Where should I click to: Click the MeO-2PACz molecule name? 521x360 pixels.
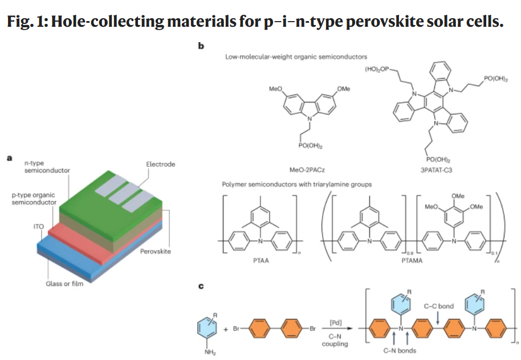click(307, 170)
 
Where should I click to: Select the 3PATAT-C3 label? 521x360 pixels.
click(436, 170)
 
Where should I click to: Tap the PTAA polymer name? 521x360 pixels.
click(261, 261)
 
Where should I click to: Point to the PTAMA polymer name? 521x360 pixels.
click(412, 261)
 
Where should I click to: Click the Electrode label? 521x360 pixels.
click(161, 164)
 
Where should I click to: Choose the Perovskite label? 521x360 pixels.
click(156, 251)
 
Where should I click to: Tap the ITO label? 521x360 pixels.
click(39, 227)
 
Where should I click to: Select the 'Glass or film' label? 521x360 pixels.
click(64, 284)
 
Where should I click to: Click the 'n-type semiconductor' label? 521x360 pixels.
click(47, 167)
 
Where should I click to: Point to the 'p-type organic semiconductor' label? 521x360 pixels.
click(34, 199)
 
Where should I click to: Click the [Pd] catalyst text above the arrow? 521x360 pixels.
click(336, 322)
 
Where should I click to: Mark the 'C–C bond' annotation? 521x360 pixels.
click(438, 306)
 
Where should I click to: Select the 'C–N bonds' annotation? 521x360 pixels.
click(400, 350)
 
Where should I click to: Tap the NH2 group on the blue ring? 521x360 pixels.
click(210, 353)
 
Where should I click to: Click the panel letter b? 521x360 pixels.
click(201, 46)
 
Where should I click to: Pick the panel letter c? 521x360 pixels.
click(201, 286)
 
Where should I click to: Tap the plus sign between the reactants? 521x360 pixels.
click(226, 329)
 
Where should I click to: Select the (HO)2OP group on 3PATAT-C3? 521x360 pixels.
click(376, 69)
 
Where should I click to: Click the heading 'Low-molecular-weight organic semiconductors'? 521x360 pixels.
click(296, 57)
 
